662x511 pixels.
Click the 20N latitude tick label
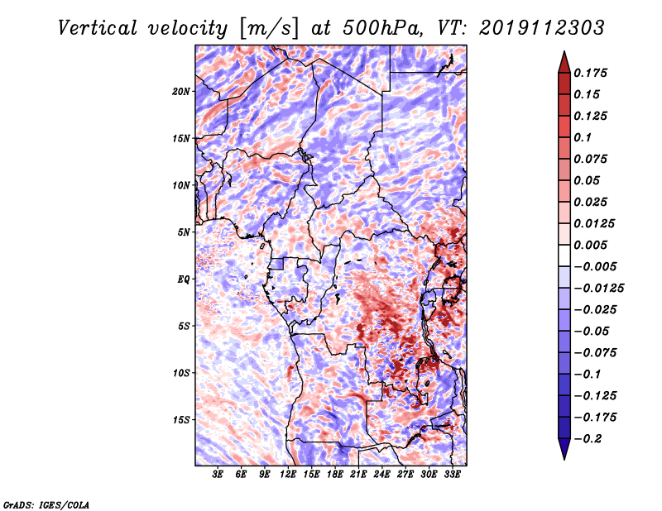pos(181,92)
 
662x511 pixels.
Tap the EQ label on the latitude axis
pos(184,279)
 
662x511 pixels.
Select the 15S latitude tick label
pos(181,420)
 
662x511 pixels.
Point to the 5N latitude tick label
pos(184,232)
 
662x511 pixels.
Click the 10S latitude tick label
pos(181,373)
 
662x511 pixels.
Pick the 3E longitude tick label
pos(218,474)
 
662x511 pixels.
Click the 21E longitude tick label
pos(358,474)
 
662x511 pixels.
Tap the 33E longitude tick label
pos(452,474)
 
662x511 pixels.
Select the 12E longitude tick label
pos(288,474)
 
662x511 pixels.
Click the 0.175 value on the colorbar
pos(590,73)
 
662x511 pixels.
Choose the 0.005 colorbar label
pos(590,245)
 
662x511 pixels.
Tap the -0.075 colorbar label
pos(595,353)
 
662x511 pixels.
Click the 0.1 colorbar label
pos(583,137)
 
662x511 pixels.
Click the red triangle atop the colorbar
pos(564,62)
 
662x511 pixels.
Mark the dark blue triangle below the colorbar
pos(564,449)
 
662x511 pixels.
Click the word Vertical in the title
pos(98,28)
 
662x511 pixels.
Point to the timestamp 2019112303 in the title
pos(542,28)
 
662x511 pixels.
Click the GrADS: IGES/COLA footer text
pos(46,505)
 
